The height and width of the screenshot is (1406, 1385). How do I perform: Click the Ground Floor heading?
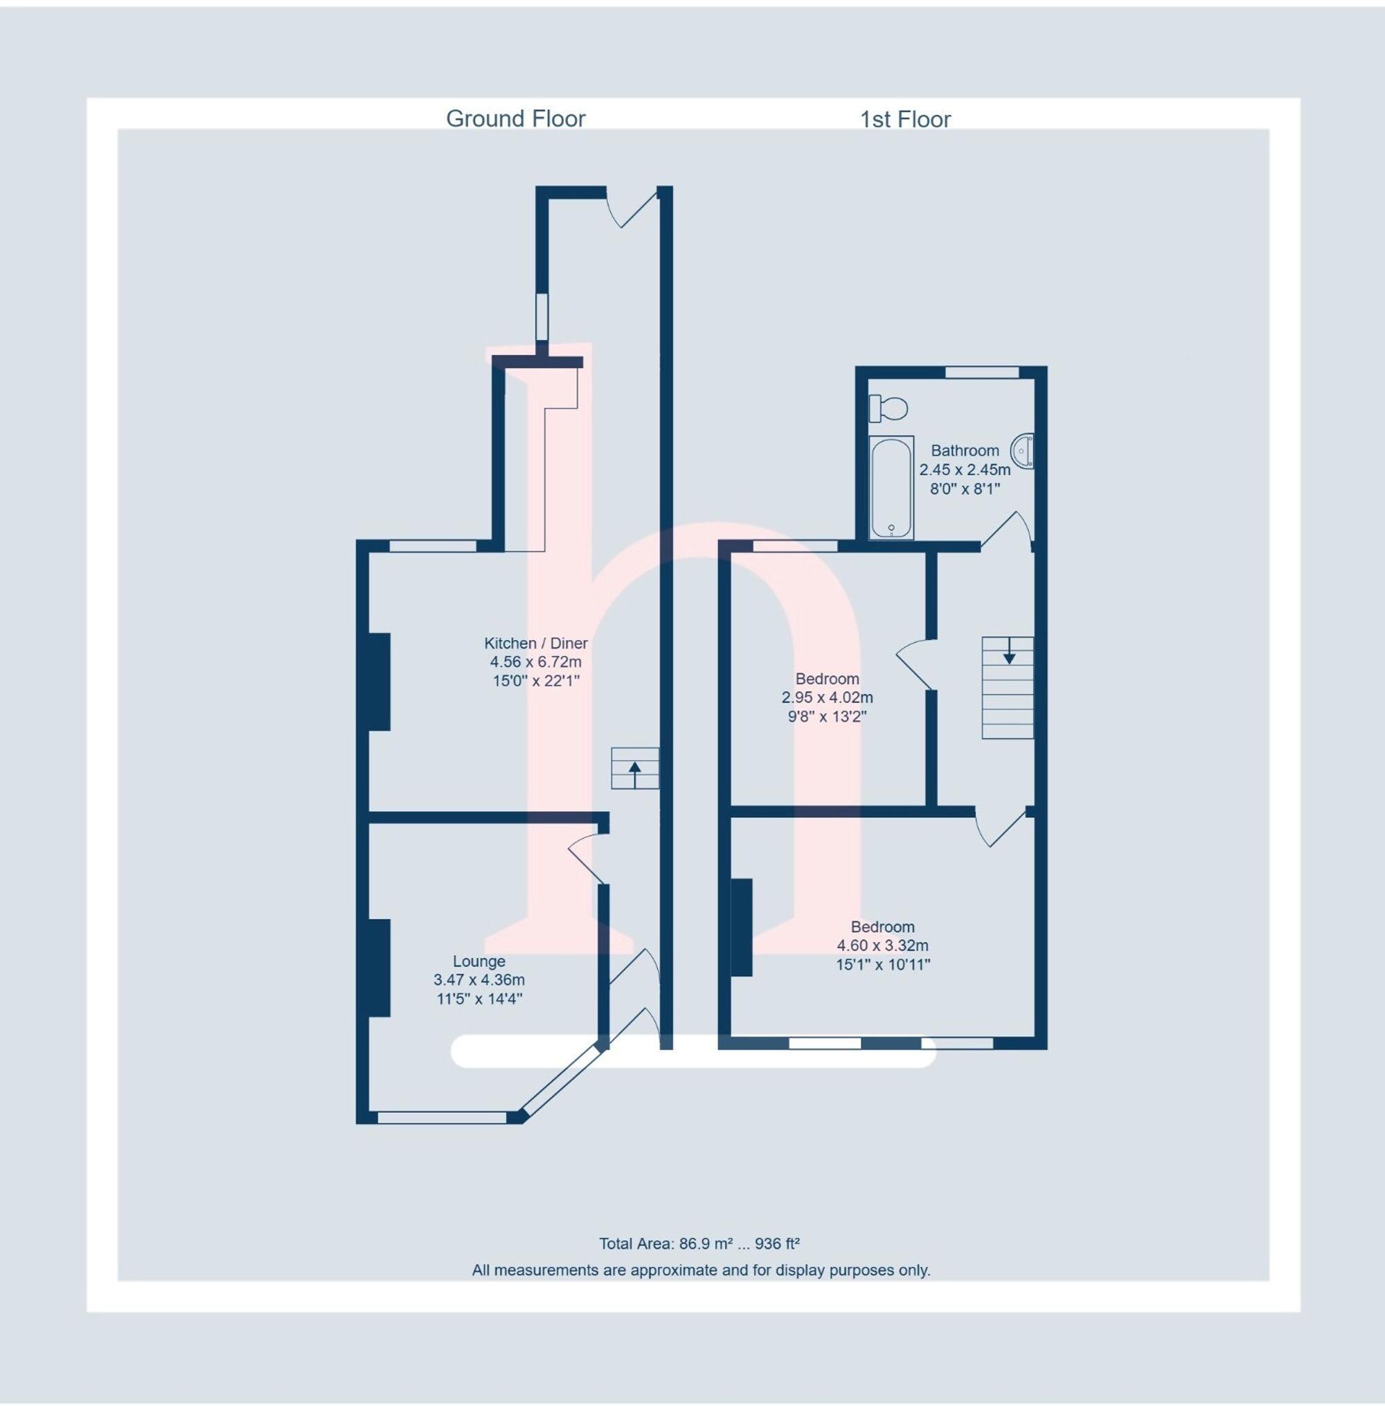pos(515,118)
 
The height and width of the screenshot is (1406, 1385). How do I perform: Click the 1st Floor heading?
pos(905,119)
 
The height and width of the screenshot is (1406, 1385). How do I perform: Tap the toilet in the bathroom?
pos(888,408)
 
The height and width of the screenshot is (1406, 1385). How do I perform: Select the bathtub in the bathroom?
pos(891,487)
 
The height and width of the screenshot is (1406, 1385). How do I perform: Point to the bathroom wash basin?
pos(1024,451)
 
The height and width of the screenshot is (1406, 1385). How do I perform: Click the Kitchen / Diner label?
pos(535,643)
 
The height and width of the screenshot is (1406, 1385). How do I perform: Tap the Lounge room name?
pos(479,961)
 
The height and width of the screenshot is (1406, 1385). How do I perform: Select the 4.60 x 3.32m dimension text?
pos(882,945)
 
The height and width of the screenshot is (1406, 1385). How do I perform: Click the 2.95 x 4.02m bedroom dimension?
pos(827,697)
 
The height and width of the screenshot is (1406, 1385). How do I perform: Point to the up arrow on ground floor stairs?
pos(634,774)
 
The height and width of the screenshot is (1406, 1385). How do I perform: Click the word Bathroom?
pos(965,450)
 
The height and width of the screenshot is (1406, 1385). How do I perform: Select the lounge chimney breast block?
pos(379,968)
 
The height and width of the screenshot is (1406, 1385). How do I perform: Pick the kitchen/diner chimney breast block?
pos(379,682)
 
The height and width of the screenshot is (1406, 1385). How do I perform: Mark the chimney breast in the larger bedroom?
pos(741,927)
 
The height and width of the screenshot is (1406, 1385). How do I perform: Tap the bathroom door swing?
pos(1008,528)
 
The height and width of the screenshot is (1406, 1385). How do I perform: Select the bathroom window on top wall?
pos(982,373)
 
